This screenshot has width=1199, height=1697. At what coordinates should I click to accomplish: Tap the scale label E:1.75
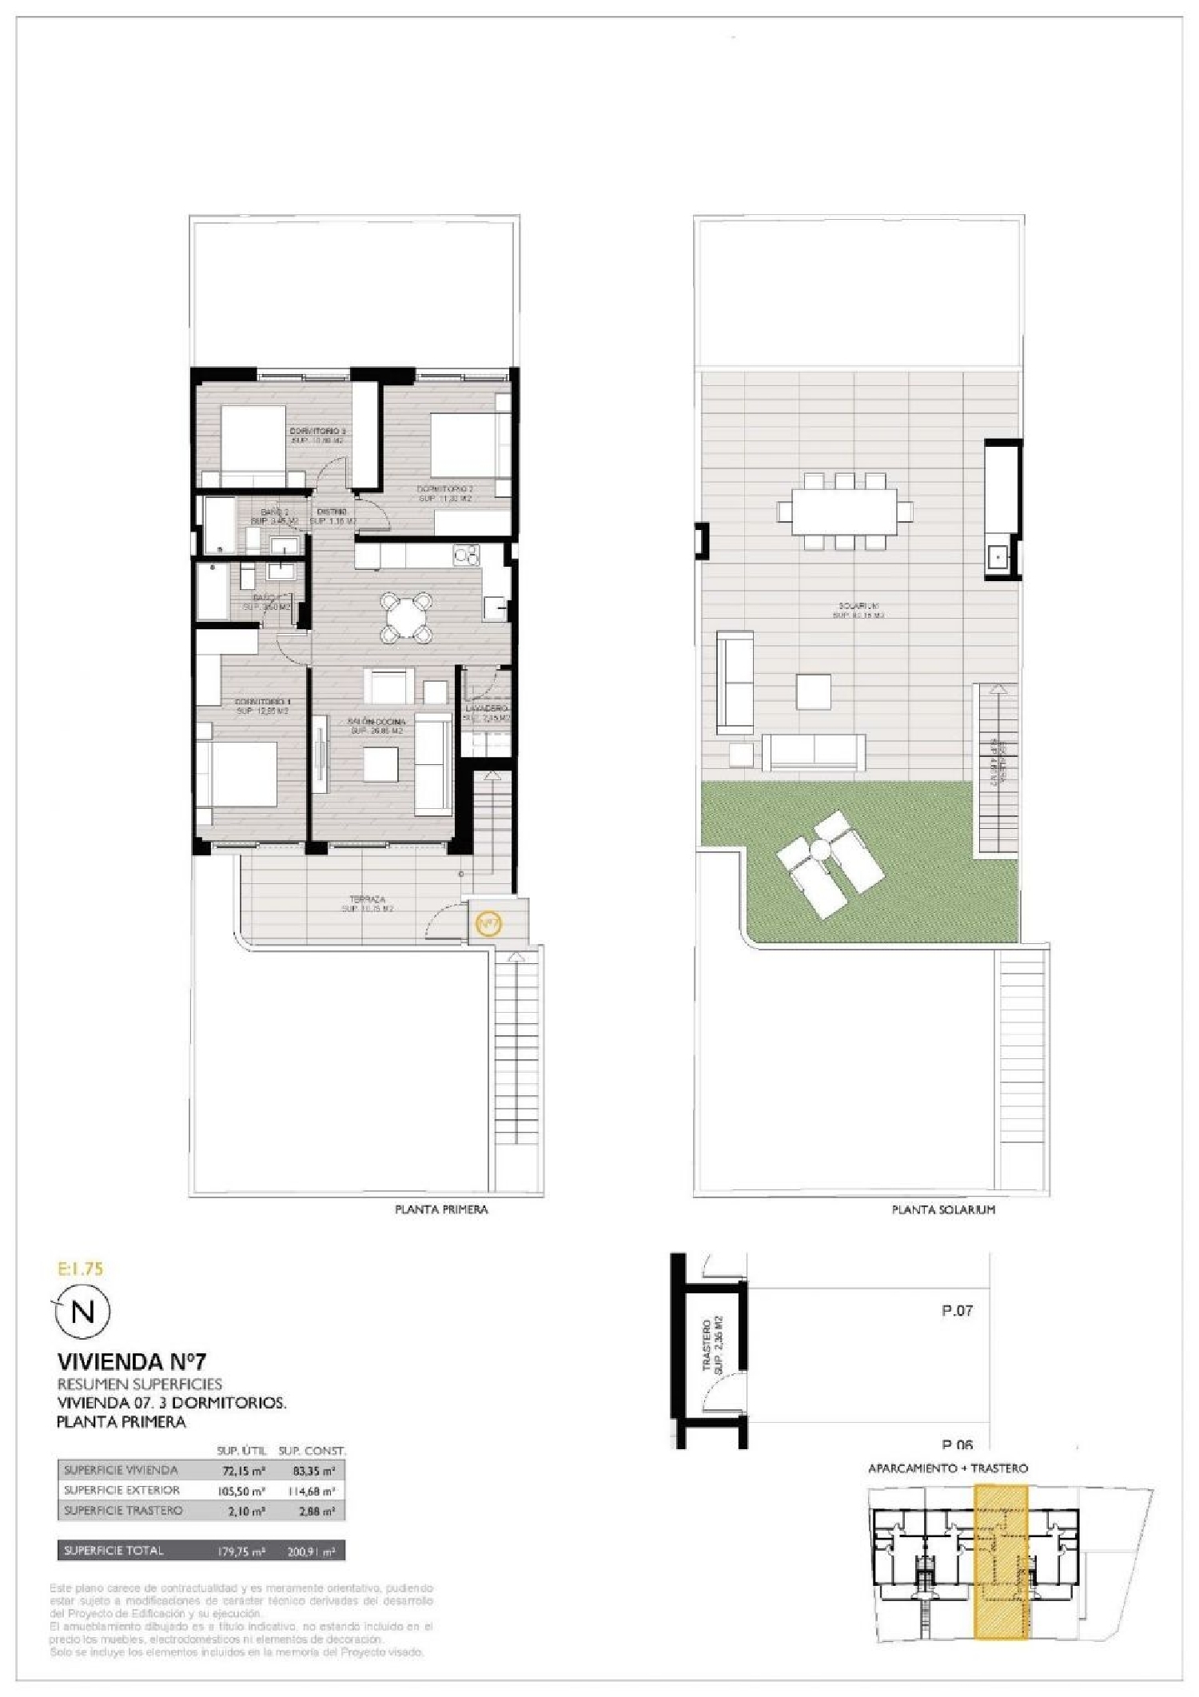[82, 1268]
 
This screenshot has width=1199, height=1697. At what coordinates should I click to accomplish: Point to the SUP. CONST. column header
[312, 1451]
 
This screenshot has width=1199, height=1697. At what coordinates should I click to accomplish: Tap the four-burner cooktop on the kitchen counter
[465, 553]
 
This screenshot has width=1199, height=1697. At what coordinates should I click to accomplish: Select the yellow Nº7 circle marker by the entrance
[488, 924]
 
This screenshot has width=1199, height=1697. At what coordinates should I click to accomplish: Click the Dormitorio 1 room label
[262, 703]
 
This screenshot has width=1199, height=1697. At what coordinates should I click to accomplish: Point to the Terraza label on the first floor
[368, 900]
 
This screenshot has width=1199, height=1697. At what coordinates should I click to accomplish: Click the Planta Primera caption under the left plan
[441, 1209]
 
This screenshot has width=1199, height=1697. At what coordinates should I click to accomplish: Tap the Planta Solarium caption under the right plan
[943, 1210]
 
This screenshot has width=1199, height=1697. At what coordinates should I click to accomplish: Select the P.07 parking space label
[957, 1311]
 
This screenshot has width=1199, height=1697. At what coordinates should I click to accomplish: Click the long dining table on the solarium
[845, 512]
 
